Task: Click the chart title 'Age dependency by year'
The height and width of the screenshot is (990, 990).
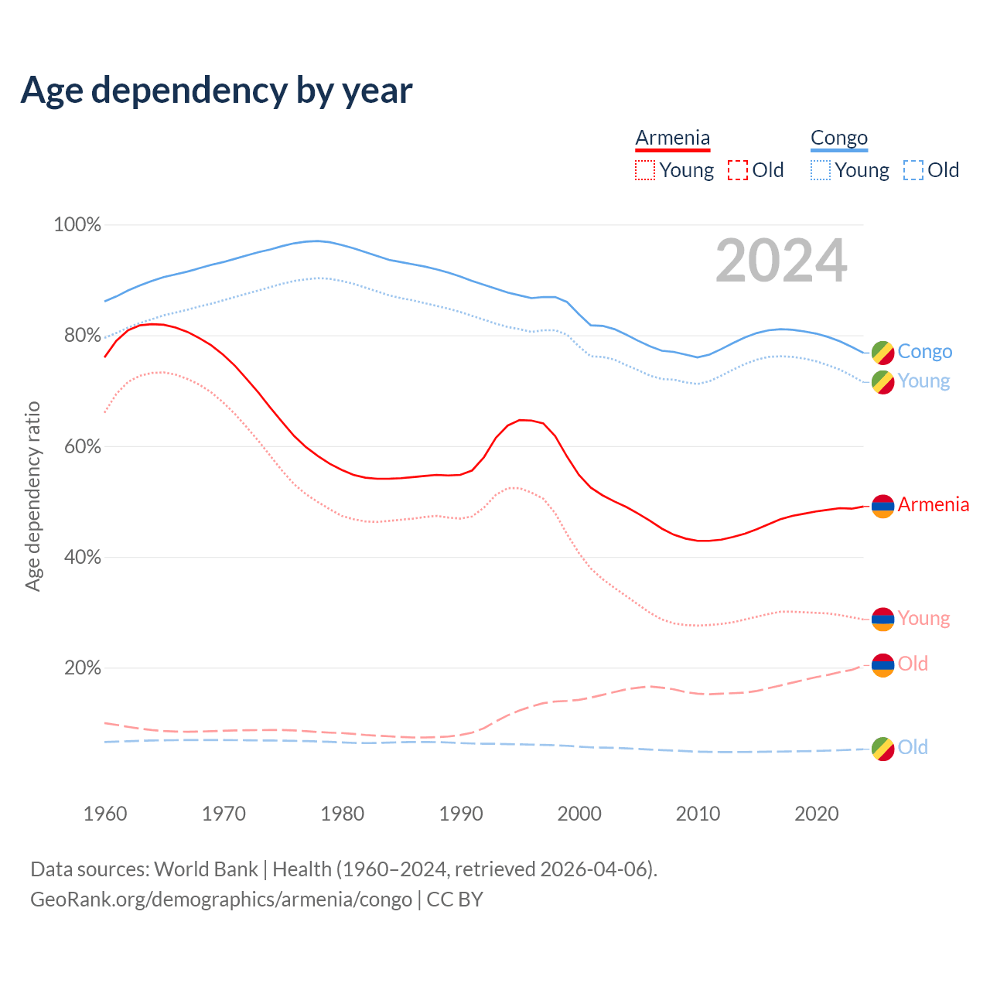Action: point(217,90)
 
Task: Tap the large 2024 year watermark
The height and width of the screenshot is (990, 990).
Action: point(781,261)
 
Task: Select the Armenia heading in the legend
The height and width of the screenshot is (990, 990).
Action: point(672,138)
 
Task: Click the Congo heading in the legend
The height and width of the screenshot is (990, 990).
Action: point(839,138)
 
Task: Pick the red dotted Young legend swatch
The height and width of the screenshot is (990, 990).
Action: point(644,170)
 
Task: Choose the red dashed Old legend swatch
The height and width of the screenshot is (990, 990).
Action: point(738,170)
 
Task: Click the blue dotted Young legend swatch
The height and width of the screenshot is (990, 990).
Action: point(821,170)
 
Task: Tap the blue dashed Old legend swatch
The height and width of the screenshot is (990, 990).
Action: point(913,170)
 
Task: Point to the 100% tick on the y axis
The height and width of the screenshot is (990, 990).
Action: point(77,225)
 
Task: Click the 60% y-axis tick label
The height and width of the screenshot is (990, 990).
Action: point(81,446)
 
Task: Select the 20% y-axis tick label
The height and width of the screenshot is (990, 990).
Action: point(82,667)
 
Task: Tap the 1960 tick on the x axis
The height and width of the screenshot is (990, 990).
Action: point(105,814)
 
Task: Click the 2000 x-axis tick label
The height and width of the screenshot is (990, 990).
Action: point(579,814)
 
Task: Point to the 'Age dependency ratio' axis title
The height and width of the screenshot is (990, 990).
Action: point(32,496)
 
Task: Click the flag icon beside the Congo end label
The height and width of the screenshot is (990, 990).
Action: point(882,353)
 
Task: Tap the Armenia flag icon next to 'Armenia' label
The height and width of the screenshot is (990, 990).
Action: point(882,506)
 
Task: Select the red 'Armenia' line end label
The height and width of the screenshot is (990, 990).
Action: point(933,505)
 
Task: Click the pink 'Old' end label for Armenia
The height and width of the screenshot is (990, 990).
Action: point(913,664)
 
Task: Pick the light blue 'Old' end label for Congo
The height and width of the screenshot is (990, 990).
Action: point(913,747)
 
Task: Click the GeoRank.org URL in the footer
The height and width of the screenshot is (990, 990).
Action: point(221,900)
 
